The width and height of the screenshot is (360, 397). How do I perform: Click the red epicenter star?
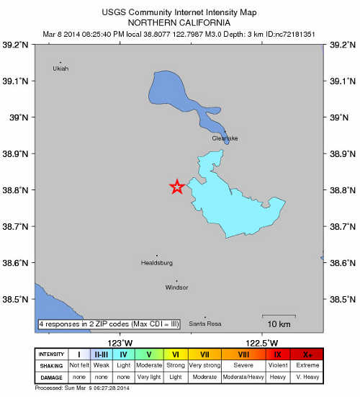[176, 187]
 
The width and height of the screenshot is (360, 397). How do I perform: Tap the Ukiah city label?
[60, 68]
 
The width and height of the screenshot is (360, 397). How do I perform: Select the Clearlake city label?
[225, 138]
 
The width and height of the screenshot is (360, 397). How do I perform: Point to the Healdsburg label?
[157, 263]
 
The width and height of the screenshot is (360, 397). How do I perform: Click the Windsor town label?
[176, 287]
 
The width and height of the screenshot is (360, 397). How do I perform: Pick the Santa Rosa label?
[204, 324]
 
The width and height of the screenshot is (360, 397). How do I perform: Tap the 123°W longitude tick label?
[120, 342]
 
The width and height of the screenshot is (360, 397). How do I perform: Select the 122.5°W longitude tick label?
[262, 342]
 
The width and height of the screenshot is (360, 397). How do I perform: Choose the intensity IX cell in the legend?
[278, 354]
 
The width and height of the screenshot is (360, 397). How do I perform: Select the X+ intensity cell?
[307, 354]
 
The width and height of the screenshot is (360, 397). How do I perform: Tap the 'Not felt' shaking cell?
[79, 365]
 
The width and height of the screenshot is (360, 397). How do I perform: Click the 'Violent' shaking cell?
[278, 365]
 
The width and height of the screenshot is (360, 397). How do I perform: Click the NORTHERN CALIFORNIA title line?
[179, 22]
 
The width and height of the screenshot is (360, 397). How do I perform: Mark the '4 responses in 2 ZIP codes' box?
[109, 324]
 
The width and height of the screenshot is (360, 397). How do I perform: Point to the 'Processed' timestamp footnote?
[81, 389]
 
